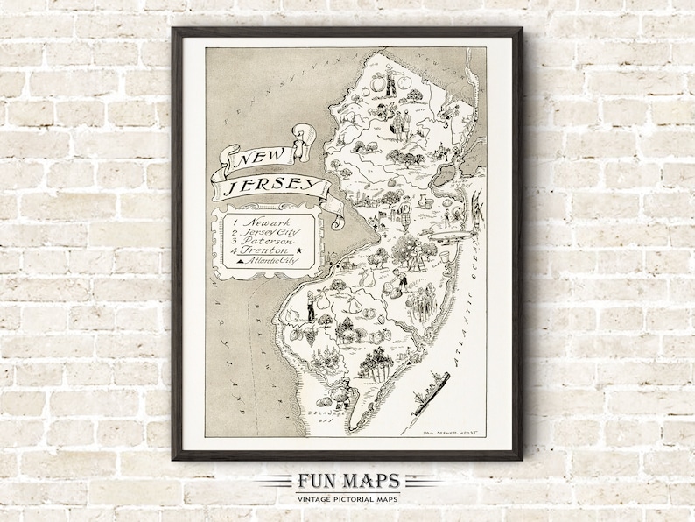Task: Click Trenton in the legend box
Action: pos(266,252)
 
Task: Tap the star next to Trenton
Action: pos(299,252)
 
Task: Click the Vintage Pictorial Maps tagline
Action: pos(347,497)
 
